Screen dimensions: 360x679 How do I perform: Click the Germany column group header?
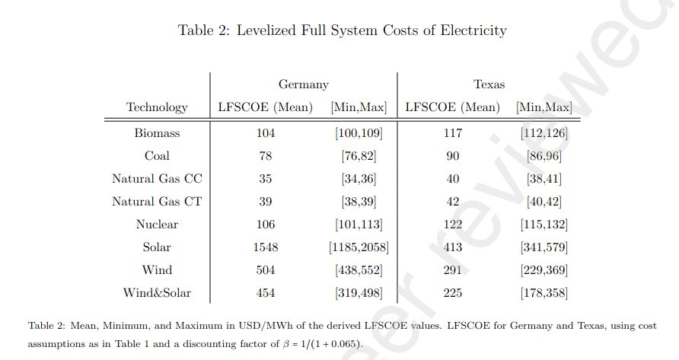[x=304, y=84]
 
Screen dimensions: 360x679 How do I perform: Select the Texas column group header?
[x=489, y=84]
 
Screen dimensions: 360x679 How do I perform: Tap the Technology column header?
[x=157, y=107]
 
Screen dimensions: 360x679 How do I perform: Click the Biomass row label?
[x=157, y=133]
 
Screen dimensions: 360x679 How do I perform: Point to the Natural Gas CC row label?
[x=157, y=179]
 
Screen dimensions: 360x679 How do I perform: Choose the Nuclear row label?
[x=157, y=225]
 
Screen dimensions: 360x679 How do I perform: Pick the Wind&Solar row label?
[x=157, y=293]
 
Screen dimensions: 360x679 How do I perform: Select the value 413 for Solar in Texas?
[x=454, y=247]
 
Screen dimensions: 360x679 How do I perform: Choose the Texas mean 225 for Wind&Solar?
[x=454, y=293]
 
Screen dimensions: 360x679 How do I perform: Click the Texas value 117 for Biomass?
[x=454, y=133]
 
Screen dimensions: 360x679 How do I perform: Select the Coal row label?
[x=157, y=156]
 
